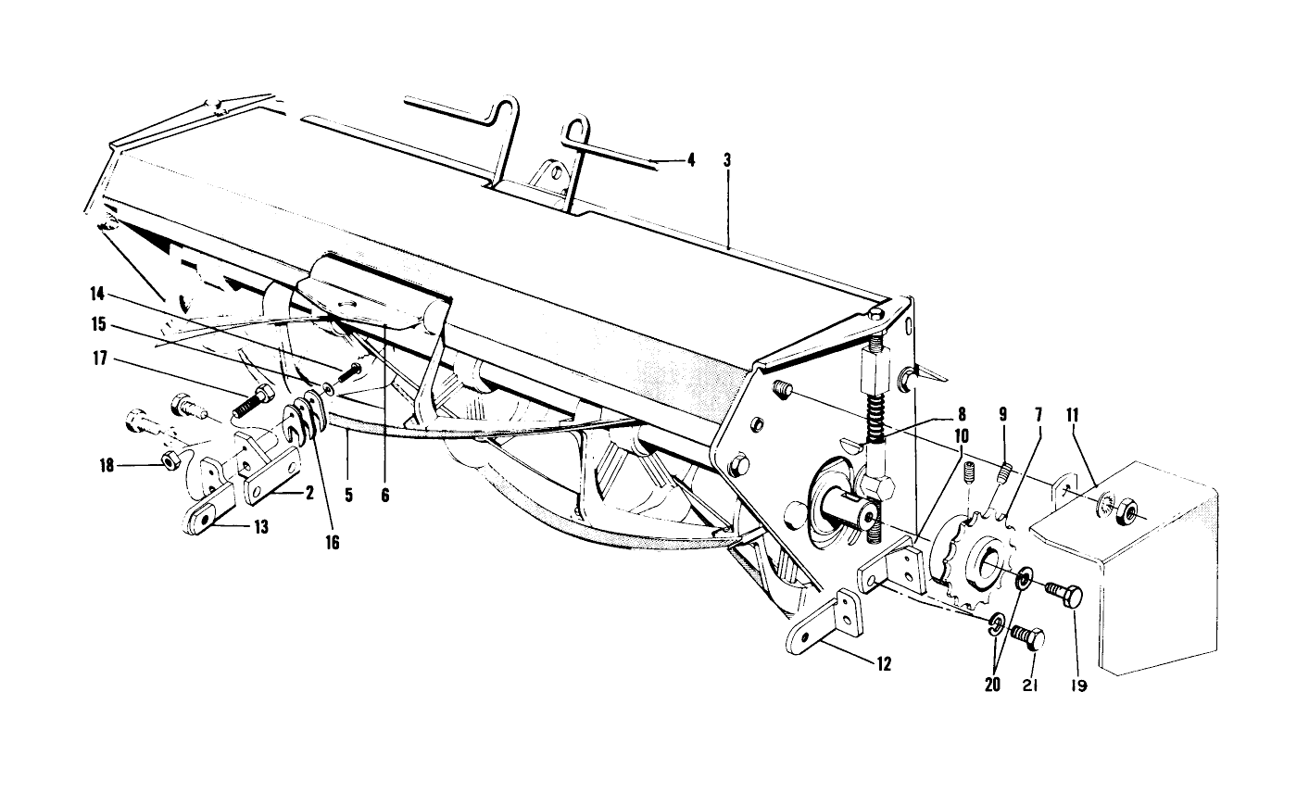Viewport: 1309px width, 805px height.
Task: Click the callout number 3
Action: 727,160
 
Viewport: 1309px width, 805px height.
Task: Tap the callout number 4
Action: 690,160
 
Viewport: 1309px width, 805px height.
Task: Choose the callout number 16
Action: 332,543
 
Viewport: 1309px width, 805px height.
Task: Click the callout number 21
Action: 1031,686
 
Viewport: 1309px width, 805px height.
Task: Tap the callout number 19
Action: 1078,686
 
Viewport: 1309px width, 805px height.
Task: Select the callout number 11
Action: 1073,416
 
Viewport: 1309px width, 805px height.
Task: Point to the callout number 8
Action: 961,416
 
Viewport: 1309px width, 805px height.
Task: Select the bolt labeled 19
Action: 1066,594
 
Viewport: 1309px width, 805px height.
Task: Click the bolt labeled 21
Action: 1026,637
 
